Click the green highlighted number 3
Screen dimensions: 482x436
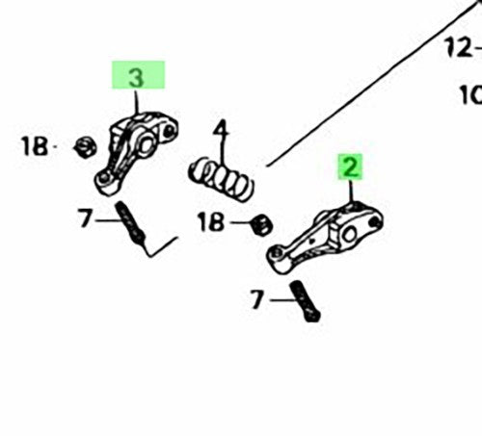pyautogui.click(x=136, y=78)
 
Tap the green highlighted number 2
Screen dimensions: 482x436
pyautogui.click(x=350, y=167)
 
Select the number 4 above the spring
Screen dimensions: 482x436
pyautogui.click(x=221, y=132)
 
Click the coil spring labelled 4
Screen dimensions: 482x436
pyautogui.click(x=221, y=179)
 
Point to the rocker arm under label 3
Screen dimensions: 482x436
pyautogui.click(x=136, y=152)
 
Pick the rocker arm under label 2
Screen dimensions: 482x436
pyautogui.click(x=325, y=238)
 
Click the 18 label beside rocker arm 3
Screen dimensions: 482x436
pyautogui.click(x=35, y=146)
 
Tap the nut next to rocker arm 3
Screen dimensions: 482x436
pyautogui.click(x=86, y=147)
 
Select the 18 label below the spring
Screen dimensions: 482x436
pyautogui.click(x=211, y=222)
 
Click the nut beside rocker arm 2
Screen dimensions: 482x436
pyautogui.click(x=262, y=224)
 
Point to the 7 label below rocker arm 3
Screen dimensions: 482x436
pyautogui.click(x=85, y=218)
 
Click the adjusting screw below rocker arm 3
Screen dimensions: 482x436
pyautogui.click(x=132, y=223)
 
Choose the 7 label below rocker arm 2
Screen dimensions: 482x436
pyautogui.click(x=257, y=299)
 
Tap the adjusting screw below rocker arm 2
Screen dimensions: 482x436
pyautogui.click(x=305, y=301)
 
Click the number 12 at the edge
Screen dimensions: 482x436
pyautogui.click(x=459, y=48)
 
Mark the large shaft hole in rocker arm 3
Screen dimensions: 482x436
pyautogui.click(x=147, y=144)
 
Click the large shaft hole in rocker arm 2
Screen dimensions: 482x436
pyautogui.click(x=349, y=234)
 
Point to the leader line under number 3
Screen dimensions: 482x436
pyautogui.click(x=137, y=102)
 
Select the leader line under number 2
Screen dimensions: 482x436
pyautogui.click(x=351, y=192)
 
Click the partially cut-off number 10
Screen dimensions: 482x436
pyautogui.click(x=471, y=94)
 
